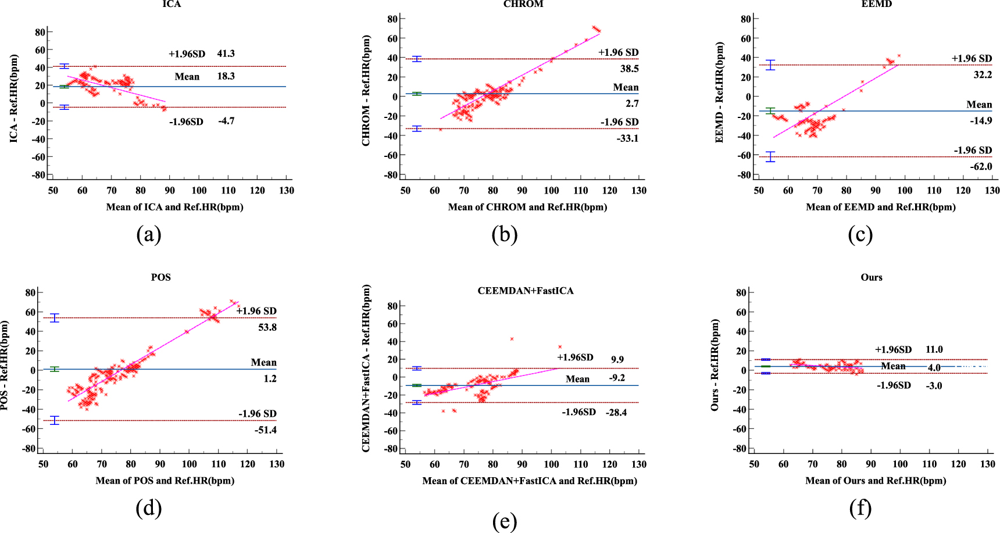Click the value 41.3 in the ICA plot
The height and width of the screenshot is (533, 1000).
click(226, 53)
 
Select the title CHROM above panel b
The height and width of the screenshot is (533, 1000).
click(523, 4)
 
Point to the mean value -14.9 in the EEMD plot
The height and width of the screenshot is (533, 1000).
click(981, 121)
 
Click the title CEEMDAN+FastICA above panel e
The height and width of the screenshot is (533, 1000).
click(525, 291)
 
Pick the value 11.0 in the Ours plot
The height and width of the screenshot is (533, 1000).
click(934, 349)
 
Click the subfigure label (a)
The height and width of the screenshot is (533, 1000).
click(148, 235)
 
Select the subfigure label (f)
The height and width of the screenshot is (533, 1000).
click(860, 509)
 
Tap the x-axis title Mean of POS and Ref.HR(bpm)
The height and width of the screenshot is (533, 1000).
click(165, 481)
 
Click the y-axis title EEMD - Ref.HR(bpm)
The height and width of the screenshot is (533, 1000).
click(719, 92)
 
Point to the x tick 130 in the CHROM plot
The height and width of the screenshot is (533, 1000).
click(638, 191)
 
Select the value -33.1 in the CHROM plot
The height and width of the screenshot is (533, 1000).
click(628, 138)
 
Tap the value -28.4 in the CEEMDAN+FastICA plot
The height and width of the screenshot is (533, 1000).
click(616, 413)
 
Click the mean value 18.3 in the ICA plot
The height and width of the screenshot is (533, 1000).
click(226, 76)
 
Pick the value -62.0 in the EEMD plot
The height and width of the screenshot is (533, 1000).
click(981, 166)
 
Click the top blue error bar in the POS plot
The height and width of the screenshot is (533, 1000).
click(55, 318)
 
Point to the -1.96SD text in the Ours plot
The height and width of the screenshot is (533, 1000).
click(894, 385)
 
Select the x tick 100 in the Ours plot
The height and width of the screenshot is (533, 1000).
click(900, 464)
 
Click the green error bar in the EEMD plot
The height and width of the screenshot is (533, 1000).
click(770, 110)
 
